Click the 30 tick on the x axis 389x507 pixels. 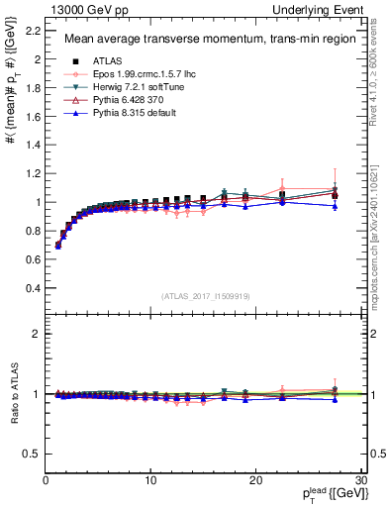click(359, 481)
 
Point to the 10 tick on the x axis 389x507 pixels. click(150, 481)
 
